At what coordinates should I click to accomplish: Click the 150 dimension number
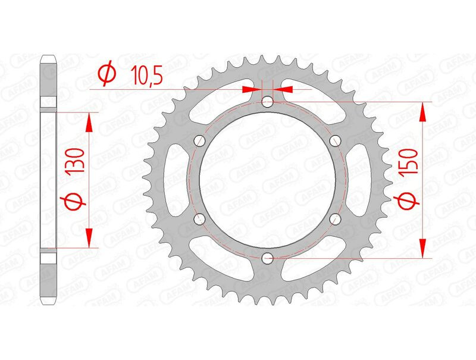(409, 161)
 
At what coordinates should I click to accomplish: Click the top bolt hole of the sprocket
(267, 102)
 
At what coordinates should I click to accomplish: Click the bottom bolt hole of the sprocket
(267, 259)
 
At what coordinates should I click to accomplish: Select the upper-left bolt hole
(199, 140)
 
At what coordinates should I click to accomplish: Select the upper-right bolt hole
(336, 140)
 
